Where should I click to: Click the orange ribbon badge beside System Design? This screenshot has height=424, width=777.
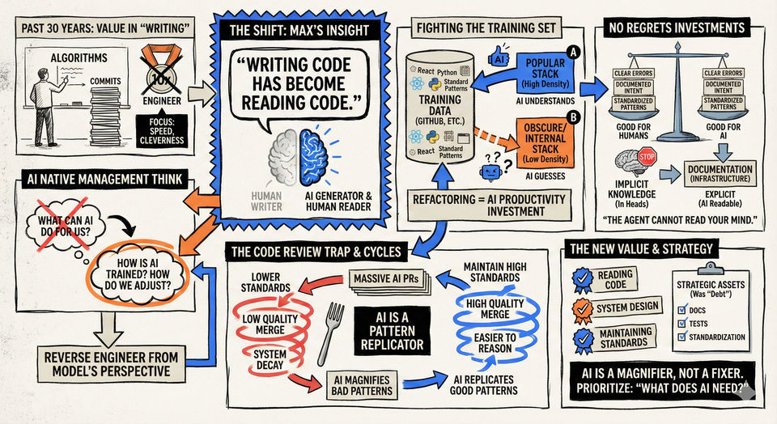583,307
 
